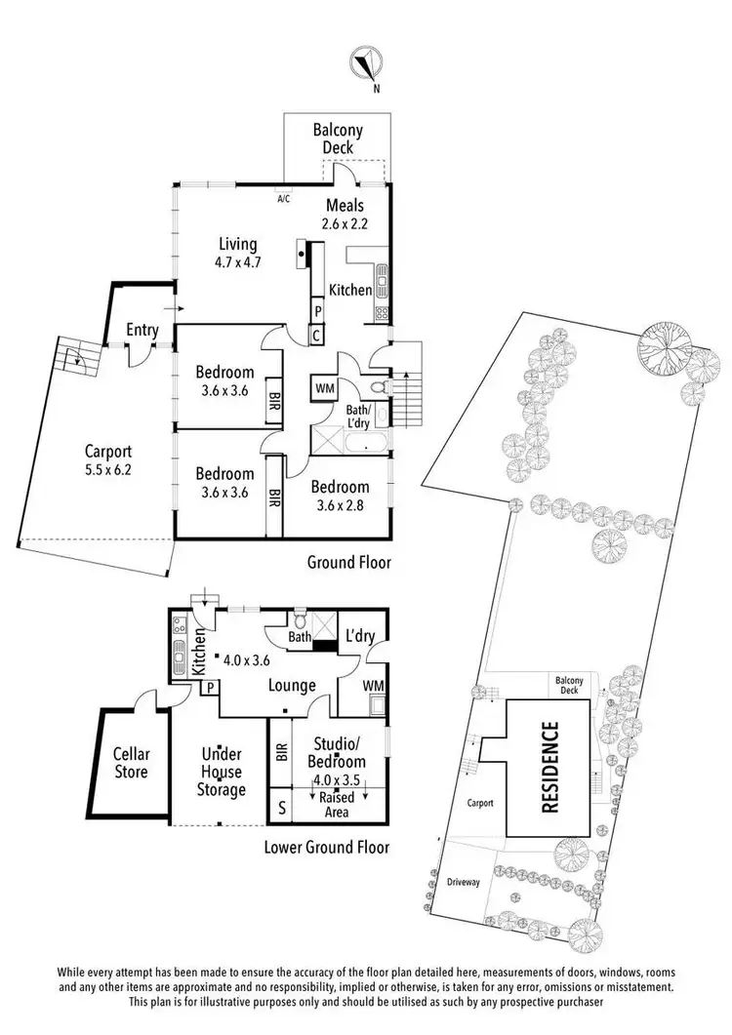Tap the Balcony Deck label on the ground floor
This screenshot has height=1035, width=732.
[339, 139]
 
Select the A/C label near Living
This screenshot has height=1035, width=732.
[284, 198]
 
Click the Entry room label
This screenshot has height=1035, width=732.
[142, 330]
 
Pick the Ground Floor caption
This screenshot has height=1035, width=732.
[348, 562]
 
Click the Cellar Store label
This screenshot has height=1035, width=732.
[131, 762]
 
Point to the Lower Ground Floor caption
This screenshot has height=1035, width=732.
[327, 847]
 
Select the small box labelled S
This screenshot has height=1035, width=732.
[282, 807]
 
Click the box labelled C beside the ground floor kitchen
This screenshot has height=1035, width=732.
[318, 336]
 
